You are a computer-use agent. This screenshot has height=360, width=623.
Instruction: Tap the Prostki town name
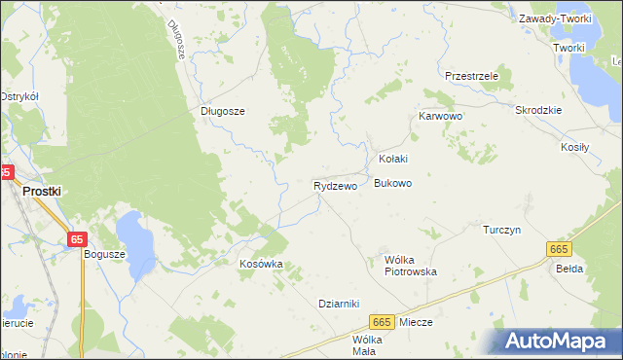click(42, 192)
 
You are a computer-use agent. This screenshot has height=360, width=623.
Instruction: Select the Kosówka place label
click(261, 264)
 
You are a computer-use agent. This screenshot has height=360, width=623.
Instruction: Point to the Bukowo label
click(393, 183)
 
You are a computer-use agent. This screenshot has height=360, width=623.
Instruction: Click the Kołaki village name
click(392, 159)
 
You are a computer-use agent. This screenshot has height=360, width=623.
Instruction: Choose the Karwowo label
click(440, 116)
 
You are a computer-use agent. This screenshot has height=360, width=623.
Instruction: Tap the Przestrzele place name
click(471, 76)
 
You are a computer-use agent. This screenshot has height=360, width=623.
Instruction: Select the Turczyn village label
click(503, 230)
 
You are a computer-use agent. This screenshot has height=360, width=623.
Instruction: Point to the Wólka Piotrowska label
click(411, 266)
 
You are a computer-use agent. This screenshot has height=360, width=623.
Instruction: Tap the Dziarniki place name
click(340, 303)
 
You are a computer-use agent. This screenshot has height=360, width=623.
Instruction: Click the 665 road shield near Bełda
click(559, 250)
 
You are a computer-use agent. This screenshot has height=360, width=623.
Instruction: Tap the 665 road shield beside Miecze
click(381, 322)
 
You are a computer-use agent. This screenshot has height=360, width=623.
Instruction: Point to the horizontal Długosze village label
click(222, 111)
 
